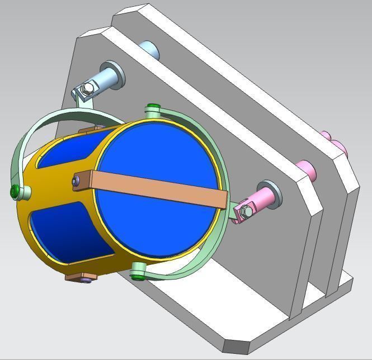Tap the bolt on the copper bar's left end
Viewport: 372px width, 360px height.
(x=76, y=180)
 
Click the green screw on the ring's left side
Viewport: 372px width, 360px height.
(x=16, y=192)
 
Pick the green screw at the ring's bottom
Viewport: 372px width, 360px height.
(x=137, y=273)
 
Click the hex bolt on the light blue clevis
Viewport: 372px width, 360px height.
(x=86, y=89)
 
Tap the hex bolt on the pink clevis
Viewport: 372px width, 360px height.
(x=246, y=211)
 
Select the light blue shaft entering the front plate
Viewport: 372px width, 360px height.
(x=106, y=78)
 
